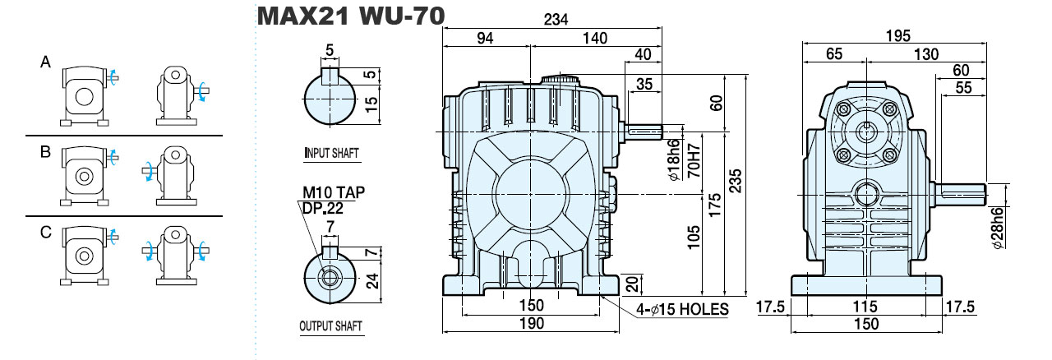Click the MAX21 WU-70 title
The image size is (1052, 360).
(351, 16)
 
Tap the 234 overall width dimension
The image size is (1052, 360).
(556, 19)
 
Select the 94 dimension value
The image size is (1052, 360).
(485, 38)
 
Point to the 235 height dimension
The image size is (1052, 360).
(735, 181)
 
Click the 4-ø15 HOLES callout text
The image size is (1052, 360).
(682, 309)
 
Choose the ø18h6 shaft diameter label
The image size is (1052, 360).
(673, 159)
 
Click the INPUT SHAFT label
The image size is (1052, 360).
(332, 153)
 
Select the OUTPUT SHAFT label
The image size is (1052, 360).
(331, 325)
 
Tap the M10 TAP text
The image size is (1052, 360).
(334, 192)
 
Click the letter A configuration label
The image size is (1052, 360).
(45, 62)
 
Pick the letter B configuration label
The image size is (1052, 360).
(45, 152)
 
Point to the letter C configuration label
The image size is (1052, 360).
(46, 232)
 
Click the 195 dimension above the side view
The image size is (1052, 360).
(898, 35)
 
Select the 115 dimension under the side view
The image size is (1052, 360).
(865, 307)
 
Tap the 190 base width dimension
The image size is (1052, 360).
(532, 323)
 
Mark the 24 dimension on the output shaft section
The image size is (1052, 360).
(372, 281)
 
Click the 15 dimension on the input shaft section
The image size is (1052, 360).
(371, 104)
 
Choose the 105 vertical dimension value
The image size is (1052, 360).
(694, 238)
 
